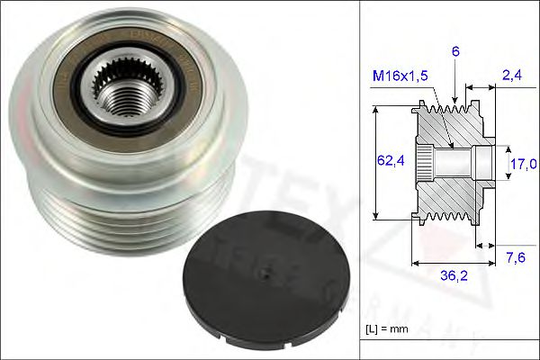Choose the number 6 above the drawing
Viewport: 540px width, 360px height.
(455, 53)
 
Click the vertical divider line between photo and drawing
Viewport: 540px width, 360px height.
(360, 180)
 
